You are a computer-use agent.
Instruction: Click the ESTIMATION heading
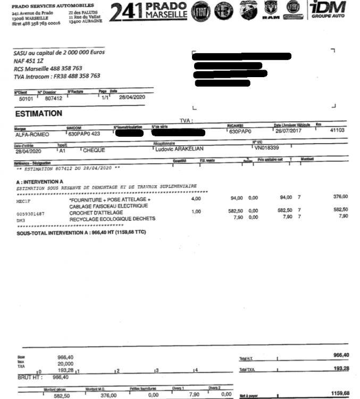click(39, 113)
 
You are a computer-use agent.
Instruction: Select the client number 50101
click(27, 98)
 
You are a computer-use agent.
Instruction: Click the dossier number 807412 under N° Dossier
click(54, 98)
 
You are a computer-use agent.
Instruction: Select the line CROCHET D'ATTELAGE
click(96, 213)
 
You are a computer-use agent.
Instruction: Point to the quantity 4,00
click(196, 198)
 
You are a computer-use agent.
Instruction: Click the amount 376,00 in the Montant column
click(340, 196)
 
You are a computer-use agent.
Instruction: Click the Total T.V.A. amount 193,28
click(340, 368)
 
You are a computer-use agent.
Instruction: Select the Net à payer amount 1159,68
click(339, 393)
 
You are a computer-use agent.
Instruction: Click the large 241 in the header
click(127, 12)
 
